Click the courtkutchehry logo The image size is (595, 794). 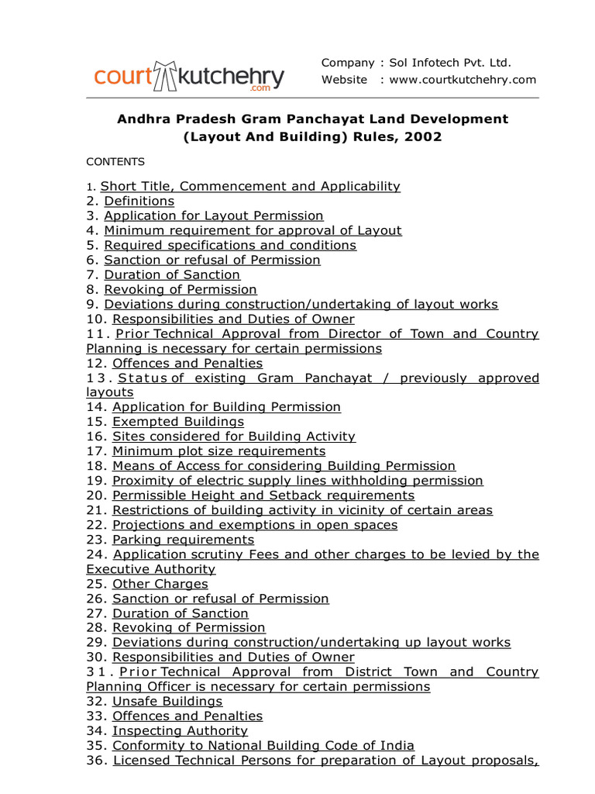[x=189, y=76]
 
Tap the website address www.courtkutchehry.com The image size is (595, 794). [x=463, y=80]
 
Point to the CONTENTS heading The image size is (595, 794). [x=115, y=162]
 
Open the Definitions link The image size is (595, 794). [x=139, y=202]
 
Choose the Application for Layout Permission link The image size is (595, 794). [x=214, y=216]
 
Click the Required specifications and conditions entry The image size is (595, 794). [x=230, y=246]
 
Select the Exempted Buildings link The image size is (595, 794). [x=178, y=422]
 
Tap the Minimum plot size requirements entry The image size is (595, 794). [x=218, y=451]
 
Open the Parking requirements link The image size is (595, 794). [x=183, y=540]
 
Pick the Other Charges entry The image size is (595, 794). [x=160, y=584]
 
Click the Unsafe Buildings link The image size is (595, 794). [x=167, y=702]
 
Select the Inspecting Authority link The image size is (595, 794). [x=180, y=731]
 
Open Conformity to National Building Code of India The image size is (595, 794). [x=263, y=746]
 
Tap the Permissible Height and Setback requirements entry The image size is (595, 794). [x=263, y=495]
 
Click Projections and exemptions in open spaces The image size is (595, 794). [x=255, y=525]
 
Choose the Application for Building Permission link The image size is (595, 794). [x=226, y=407]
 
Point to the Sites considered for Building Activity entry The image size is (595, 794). [x=234, y=437]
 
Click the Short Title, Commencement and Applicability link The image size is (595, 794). [x=250, y=187]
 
